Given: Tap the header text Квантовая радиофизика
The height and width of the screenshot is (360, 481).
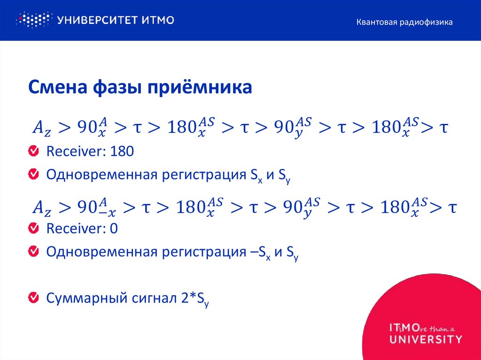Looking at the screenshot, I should [x=404, y=22].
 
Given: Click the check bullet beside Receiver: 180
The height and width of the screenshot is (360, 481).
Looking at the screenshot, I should [x=33, y=151].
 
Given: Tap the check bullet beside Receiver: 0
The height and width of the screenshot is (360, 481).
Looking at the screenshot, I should [x=33, y=229].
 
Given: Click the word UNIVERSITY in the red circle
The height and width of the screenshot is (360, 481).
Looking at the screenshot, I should [x=426, y=338].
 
